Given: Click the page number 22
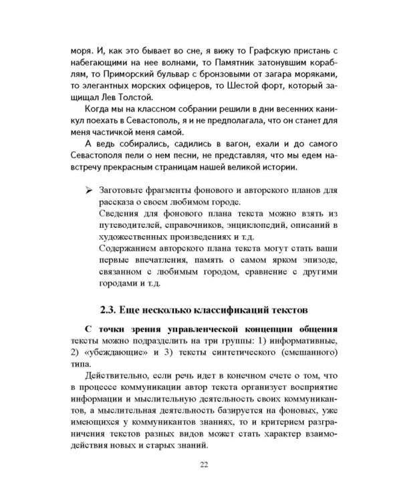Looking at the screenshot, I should click(x=200, y=466).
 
